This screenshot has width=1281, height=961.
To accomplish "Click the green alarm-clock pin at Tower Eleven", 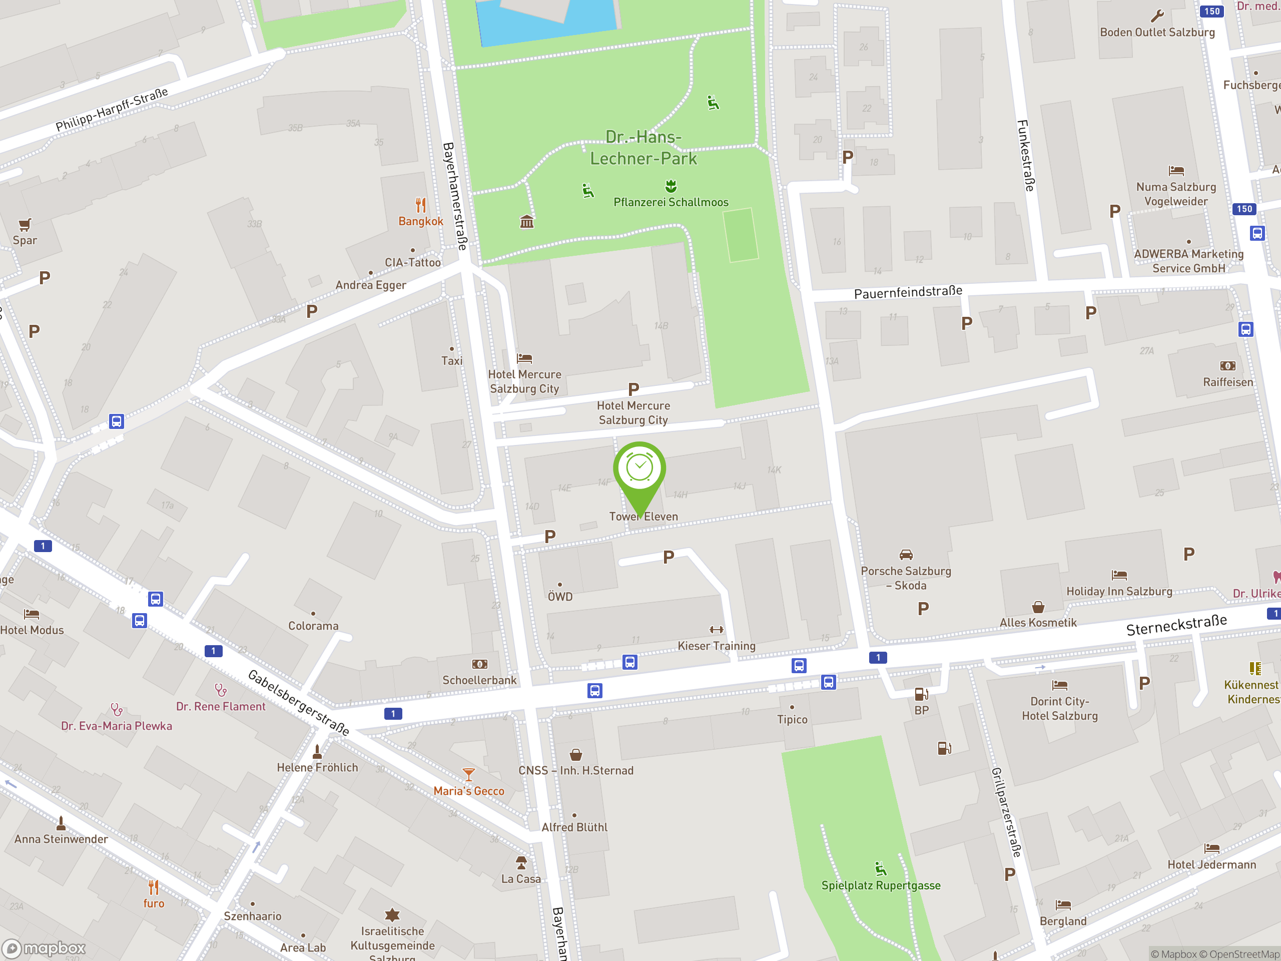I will point(639,468).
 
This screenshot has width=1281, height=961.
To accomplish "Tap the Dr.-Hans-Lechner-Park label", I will point(644,148).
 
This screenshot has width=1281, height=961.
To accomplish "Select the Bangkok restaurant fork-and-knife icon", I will point(421,205).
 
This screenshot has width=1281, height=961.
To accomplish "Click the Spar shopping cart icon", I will point(25,225).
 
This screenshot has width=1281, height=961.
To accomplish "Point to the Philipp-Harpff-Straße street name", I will point(112,110).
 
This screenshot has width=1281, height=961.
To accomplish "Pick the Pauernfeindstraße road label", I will point(908,292).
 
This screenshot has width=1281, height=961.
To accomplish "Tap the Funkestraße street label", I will point(1026,155).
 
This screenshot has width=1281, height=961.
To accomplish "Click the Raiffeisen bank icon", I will point(1227,366).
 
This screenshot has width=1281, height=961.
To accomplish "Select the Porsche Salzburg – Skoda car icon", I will point(906,555).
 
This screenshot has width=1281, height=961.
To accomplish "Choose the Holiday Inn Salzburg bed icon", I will point(1119,575).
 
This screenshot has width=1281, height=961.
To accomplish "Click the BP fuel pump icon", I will point(921,694).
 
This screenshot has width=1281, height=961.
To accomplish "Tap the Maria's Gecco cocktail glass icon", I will point(468,774).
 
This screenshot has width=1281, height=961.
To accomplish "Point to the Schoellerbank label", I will point(479,680).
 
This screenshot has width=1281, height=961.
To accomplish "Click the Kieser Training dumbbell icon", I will point(717,630).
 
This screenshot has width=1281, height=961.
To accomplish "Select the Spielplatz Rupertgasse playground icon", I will point(880,869).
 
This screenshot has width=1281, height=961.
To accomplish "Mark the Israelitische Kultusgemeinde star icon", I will point(392,914).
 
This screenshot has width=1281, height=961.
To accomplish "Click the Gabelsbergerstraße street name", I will point(298,703).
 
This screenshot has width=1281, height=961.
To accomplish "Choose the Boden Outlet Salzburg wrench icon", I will point(1157,16).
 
